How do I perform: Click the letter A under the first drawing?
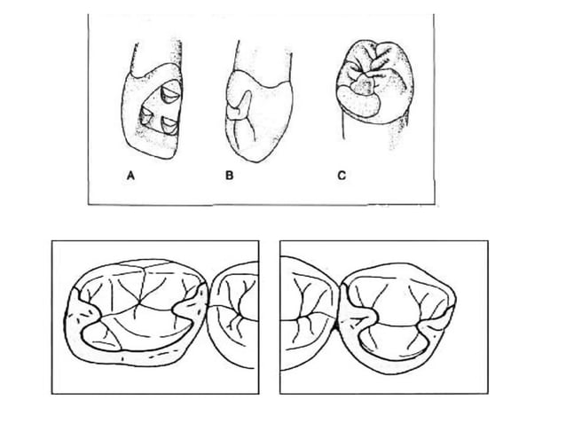click(130, 176)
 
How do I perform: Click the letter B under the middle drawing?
click(229, 176)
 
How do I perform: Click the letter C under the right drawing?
click(341, 176)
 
